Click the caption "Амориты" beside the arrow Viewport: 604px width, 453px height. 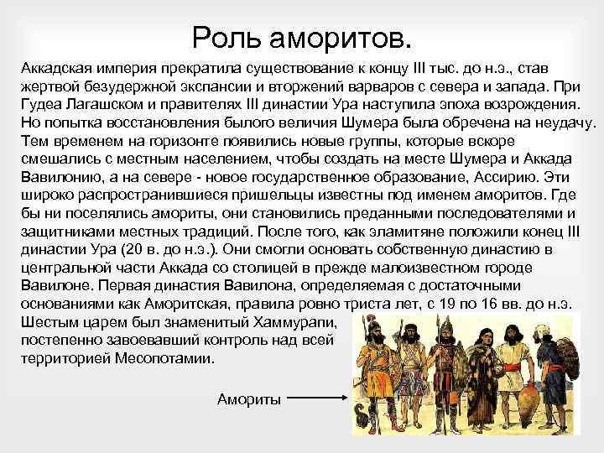[x=248, y=398]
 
